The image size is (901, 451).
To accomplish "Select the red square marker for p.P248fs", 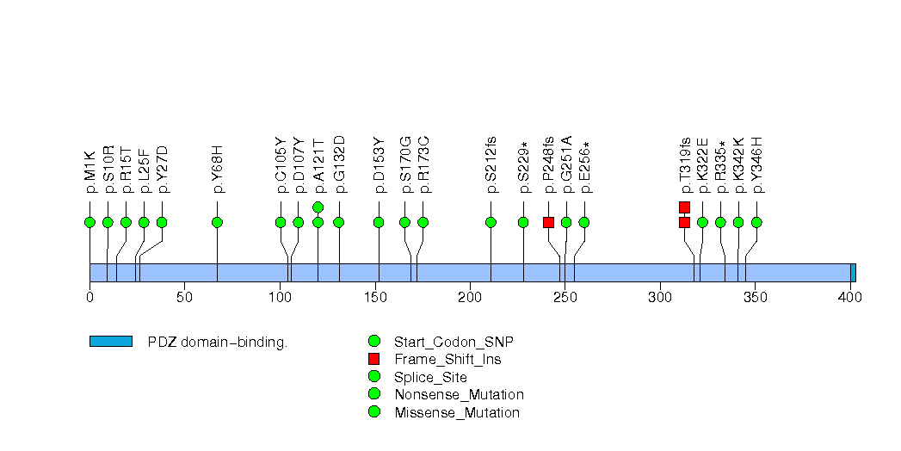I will click(548, 222).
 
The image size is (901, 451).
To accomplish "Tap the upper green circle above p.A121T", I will click(318, 207).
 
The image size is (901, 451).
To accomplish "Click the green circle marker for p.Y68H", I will click(217, 222).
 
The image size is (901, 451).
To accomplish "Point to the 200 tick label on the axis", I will click(470, 298).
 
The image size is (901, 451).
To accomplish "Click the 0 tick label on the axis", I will click(89, 298).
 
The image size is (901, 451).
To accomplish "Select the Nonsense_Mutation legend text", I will click(458, 394).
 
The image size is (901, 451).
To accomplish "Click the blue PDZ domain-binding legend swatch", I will click(110, 342).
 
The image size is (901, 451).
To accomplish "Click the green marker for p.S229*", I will click(523, 222).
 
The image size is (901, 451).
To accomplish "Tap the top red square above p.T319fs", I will click(684, 207).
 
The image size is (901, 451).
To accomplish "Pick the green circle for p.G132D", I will click(338, 222).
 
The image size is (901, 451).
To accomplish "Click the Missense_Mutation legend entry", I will click(456, 412).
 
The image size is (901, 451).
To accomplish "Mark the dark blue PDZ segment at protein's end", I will click(853, 272).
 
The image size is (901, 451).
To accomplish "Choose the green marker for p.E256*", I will click(584, 222).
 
